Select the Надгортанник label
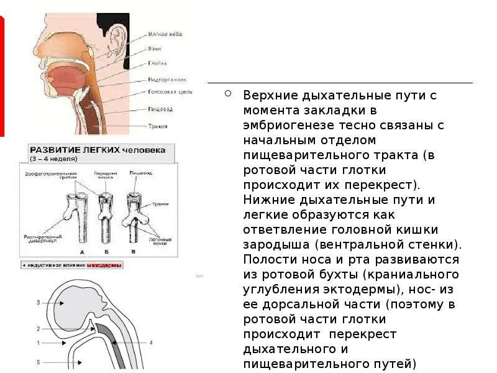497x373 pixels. (165, 79)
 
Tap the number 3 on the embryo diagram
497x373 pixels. (38, 303)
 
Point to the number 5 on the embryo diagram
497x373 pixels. (38, 361)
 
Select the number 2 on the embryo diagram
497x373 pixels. (38, 328)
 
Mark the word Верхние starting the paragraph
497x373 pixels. (269, 96)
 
